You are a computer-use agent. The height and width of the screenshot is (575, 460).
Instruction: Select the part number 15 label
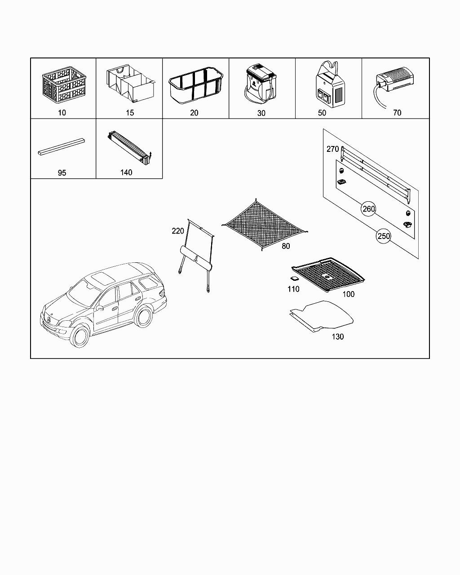tap(130, 113)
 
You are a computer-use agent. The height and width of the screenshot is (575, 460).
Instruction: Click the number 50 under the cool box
tap(322, 113)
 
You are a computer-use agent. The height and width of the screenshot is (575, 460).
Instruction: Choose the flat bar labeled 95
tap(62, 147)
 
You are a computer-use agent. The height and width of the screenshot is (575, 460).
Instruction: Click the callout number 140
tap(126, 172)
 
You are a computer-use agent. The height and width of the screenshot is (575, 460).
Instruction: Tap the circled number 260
tap(369, 209)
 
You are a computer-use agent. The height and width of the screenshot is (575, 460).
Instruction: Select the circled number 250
tap(383, 236)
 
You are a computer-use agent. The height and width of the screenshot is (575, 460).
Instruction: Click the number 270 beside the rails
tap(332, 149)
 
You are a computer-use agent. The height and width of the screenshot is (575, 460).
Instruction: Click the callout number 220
tap(177, 231)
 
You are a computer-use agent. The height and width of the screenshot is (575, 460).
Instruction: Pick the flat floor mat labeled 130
tap(323, 317)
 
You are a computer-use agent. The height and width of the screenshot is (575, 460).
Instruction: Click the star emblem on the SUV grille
tap(47, 319)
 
